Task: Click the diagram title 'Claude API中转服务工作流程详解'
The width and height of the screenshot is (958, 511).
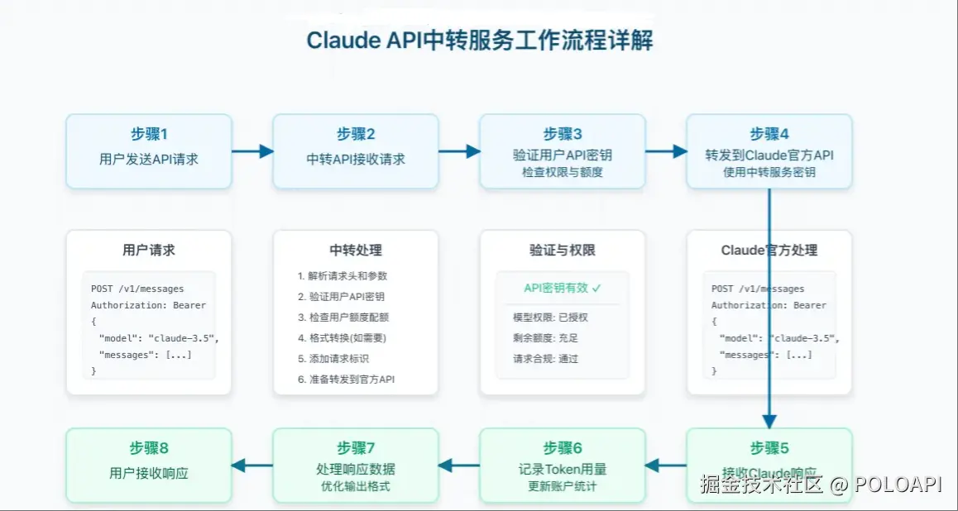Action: click(479, 41)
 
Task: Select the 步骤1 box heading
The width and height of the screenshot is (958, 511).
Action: click(149, 134)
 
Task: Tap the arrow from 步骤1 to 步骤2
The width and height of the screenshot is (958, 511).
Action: click(252, 151)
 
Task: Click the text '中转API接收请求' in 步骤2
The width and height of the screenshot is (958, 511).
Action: click(356, 159)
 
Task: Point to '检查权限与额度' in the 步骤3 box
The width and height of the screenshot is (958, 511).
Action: click(563, 172)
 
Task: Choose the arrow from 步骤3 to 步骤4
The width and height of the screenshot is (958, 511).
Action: click(666, 151)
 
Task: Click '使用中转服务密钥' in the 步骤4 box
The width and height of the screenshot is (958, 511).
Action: click(769, 172)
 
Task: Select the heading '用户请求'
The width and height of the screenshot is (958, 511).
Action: click(149, 250)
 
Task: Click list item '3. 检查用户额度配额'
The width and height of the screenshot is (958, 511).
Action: click(342, 317)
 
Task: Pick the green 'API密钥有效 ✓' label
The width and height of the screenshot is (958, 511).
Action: click(563, 288)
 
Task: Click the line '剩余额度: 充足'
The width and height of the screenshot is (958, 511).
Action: click(545, 337)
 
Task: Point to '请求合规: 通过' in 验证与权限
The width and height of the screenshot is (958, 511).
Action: click(545, 358)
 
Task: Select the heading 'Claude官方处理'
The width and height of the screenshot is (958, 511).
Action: click(769, 250)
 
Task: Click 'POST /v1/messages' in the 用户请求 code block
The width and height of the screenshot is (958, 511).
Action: click(137, 289)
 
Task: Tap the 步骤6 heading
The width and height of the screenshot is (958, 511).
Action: click(563, 447)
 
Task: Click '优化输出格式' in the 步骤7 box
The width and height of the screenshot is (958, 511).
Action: click(356, 486)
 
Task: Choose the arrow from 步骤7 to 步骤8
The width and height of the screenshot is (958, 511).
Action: click(252, 466)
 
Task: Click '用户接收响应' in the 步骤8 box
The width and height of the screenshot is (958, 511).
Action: click(149, 473)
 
